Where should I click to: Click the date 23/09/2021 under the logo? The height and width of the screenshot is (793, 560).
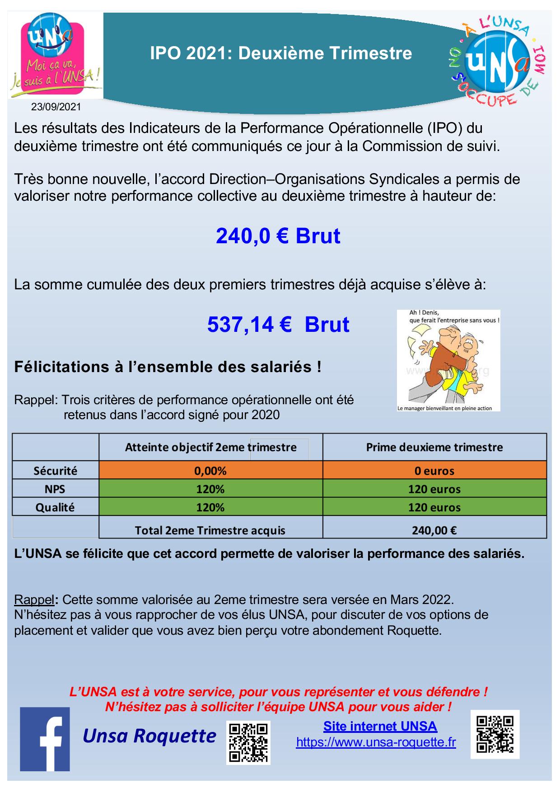click(56, 107)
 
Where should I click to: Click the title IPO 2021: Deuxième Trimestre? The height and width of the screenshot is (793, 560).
click(281, 53)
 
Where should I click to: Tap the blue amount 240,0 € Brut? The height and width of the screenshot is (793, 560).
click(278, 236)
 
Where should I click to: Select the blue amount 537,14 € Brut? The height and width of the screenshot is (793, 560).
click(278, 325)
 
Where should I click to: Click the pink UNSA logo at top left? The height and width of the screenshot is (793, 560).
click(56, 55)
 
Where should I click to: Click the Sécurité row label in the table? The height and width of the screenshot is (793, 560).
click(56, 471)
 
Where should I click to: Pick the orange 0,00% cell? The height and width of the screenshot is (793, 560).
click(210, 471)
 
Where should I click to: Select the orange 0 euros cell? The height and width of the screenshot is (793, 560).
click(434, 471)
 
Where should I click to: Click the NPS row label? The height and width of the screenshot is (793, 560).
click(55, 489)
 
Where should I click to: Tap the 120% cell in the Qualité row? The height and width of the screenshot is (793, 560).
click(210, 507)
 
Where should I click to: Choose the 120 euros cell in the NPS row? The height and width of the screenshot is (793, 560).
click(434, 489)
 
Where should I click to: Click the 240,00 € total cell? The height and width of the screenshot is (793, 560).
click(434, 530)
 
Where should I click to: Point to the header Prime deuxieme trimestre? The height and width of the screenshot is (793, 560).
click(434, 447)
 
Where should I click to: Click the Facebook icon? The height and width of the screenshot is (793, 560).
click(45, 739)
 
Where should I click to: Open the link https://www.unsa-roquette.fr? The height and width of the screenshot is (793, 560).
click(376, 742)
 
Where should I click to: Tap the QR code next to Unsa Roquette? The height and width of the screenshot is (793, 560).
click(248, 742)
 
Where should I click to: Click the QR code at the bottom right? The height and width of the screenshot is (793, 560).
click(495, 734)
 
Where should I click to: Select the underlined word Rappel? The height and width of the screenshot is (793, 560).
click(34, 600)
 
